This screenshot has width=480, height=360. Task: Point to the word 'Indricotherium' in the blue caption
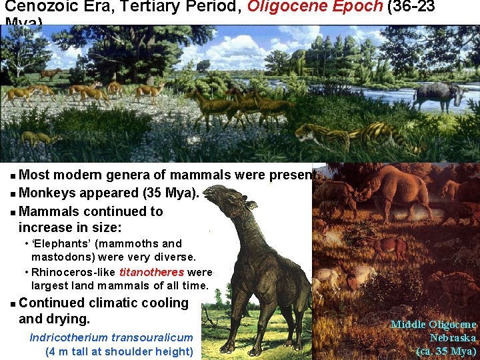tap(69, 337)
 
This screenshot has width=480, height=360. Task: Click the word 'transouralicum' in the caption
tap(152, 337)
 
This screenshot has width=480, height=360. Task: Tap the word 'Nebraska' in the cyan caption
tap(453, 337)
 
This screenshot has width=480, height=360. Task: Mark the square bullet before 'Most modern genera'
tap(13, 176)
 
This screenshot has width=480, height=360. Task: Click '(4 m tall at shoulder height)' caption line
tap(119, 351)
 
